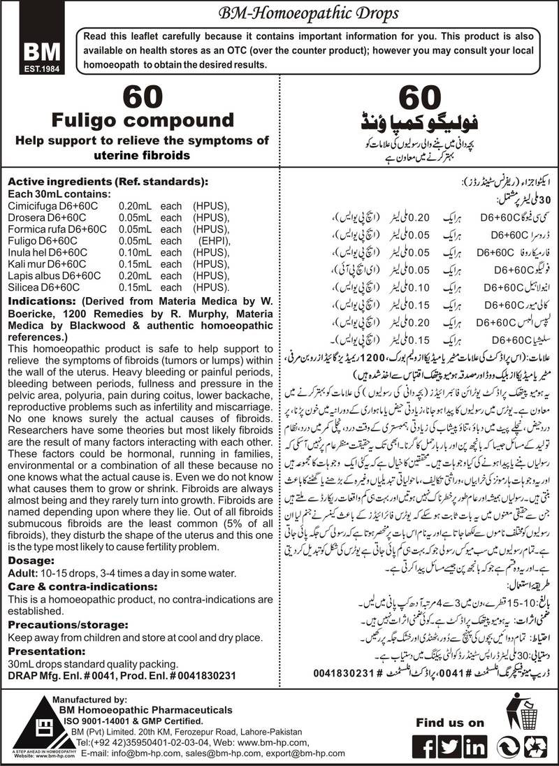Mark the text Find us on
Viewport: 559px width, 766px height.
click(x=449, y=722)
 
